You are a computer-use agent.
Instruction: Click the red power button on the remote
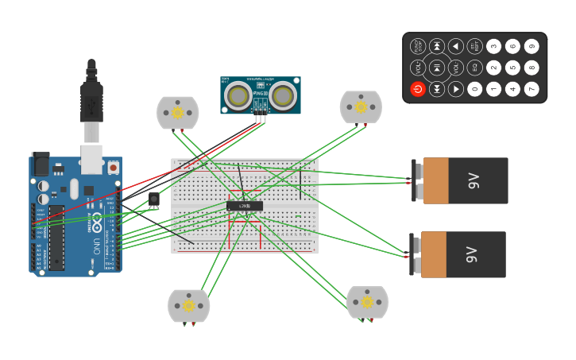[418, 89]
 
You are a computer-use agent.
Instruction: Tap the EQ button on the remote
[475, 68]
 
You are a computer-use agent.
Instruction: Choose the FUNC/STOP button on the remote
[418, 47]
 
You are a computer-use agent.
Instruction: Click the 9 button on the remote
[532, 47]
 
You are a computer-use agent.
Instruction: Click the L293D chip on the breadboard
[245, 206]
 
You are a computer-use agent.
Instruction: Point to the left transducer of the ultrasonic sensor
[238, 96]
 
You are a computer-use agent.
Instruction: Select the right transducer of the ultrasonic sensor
[283, 96]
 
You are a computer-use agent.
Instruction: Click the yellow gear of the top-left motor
[178, 113]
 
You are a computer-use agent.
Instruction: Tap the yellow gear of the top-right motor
[361, 107]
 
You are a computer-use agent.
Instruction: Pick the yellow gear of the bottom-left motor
[189, 306]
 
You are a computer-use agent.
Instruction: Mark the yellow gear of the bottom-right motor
[367, 302]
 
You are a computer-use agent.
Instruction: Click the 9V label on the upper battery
[474, 180]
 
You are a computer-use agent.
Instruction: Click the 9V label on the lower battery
[472, 254]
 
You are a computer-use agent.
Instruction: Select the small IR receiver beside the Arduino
[153, 199]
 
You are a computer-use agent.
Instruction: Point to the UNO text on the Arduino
[97, 242]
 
